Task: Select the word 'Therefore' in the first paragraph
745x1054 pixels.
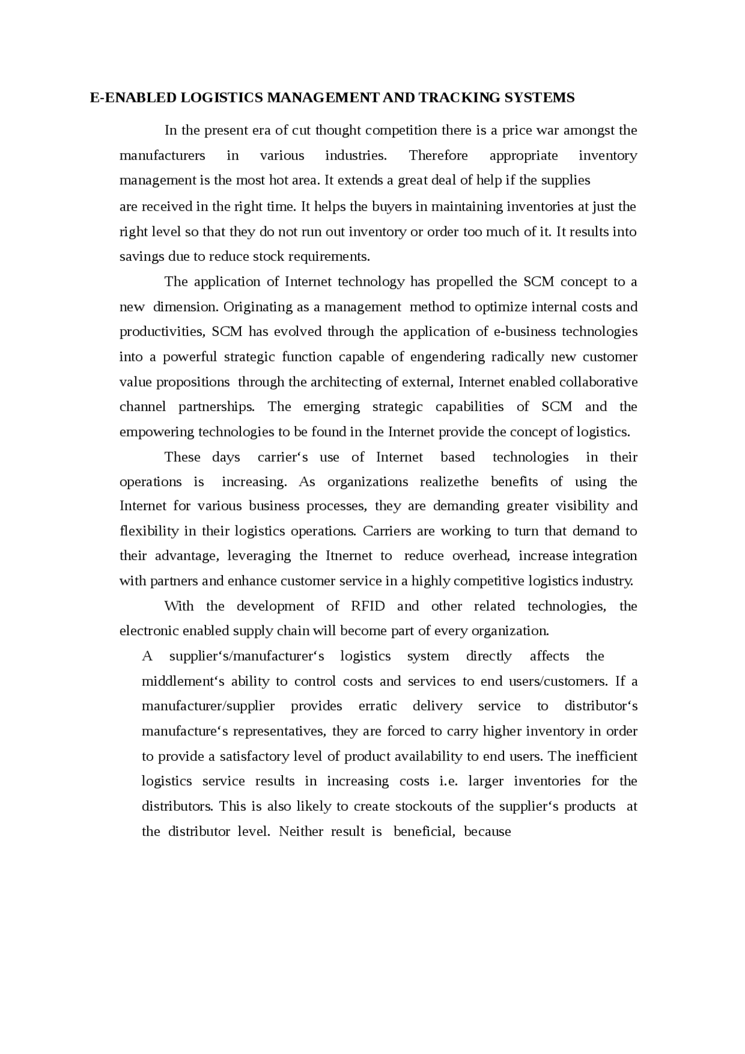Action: click(x=438, y=155)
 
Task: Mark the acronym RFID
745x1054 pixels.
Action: click(x=368, y=606)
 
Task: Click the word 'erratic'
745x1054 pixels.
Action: click(x=378, y=707)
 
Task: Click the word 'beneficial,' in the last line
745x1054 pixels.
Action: click(x=423, y=832)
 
